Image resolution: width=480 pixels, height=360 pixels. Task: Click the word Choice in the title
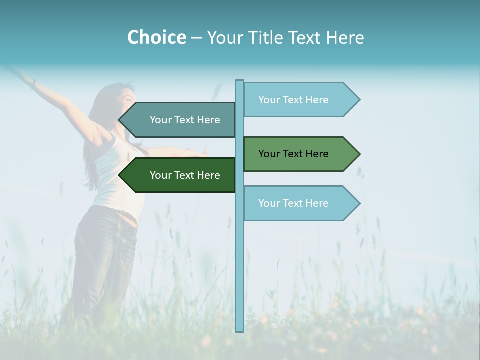point(156,37)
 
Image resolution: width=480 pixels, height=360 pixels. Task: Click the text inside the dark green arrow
point(185,175)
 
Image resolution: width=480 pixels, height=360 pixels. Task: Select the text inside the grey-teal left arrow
point(185,120)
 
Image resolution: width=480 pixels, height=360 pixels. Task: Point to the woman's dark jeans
point(105,255)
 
